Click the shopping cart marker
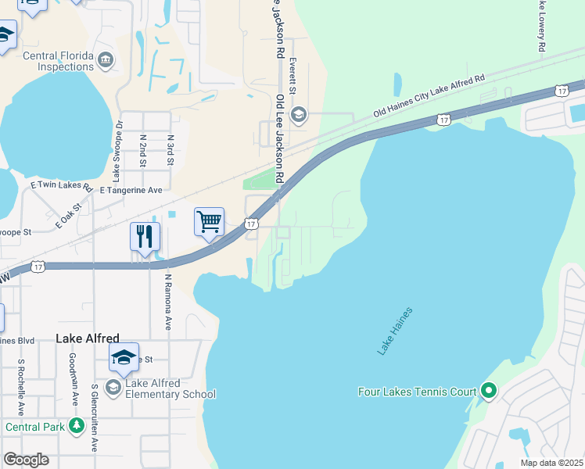[x=210, y=222]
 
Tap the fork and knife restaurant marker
[x=145, y=237]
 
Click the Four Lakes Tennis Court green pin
[x=489, y=390]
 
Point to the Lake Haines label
[x=395, y=331]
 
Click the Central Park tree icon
[x=77, y=426]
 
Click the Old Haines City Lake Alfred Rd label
[x=429, y=96]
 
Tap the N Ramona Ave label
[x=167, y=301]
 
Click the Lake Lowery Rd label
[x=540, y=27]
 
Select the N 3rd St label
[x=170, y=150]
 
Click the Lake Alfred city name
[x=88, y=338]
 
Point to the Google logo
[x=26, y=460]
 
